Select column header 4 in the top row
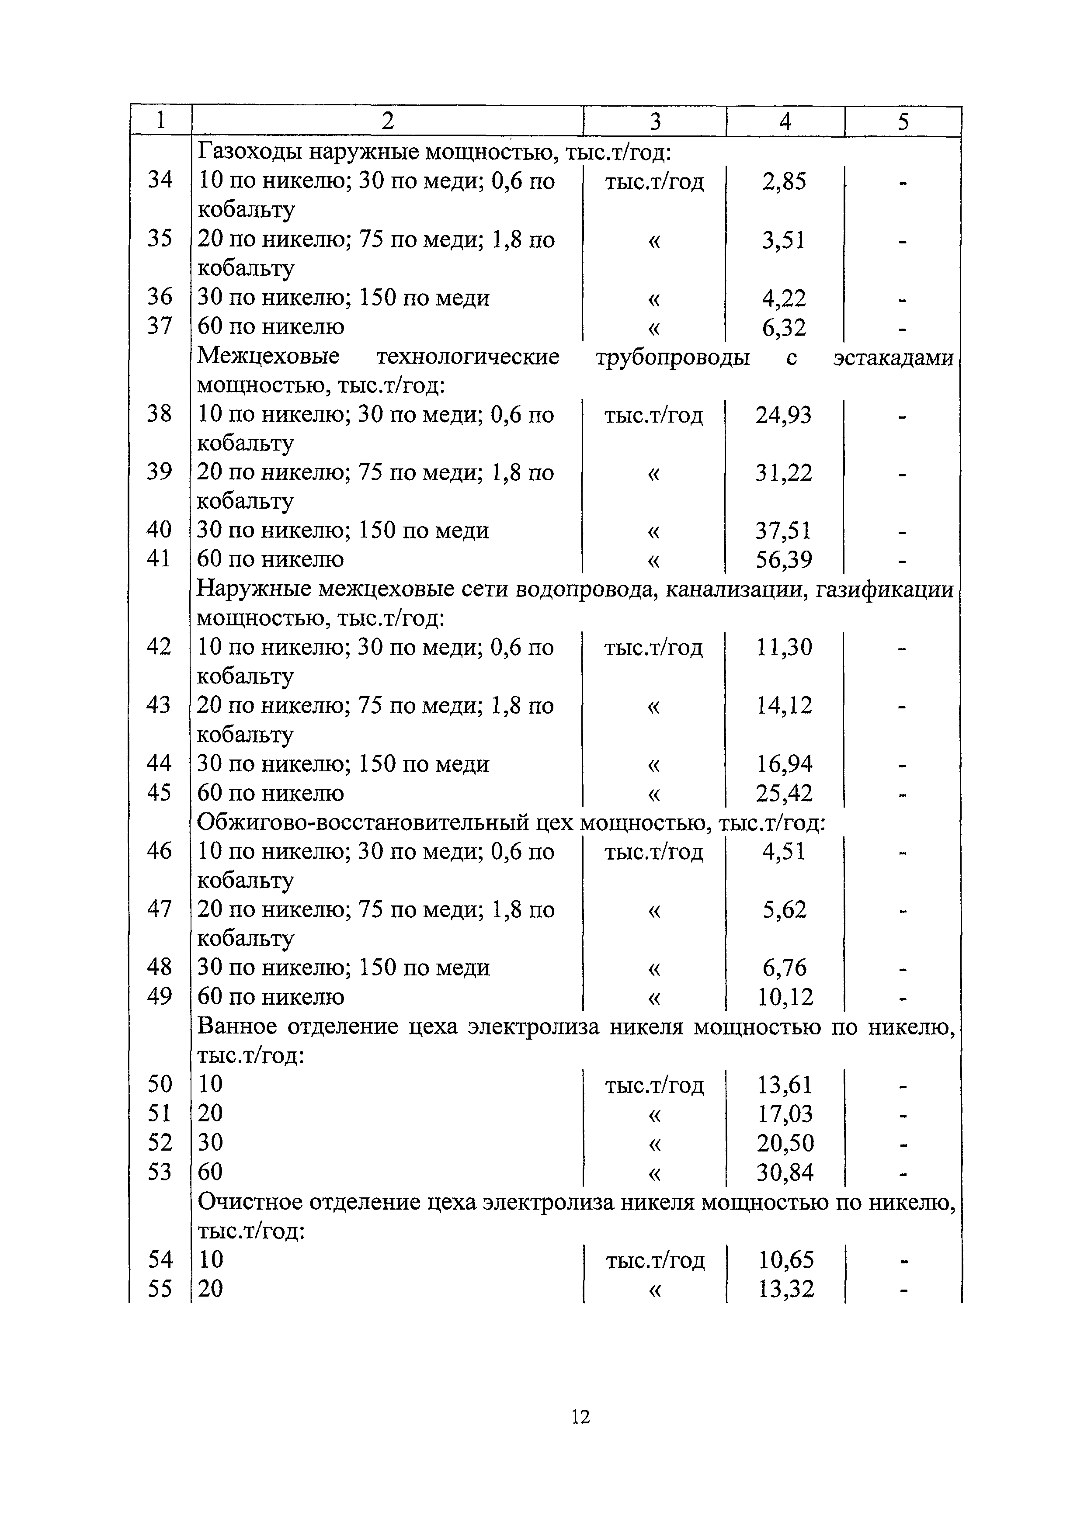[x=785, y=121]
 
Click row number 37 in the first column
[x=160, y=326]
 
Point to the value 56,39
[x=784, y=559]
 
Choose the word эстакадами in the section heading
[x=893, y=357]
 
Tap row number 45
[x=159, y=793]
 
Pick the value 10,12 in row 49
[x=785, y=997]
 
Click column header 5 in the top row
[x=903, y=121]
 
